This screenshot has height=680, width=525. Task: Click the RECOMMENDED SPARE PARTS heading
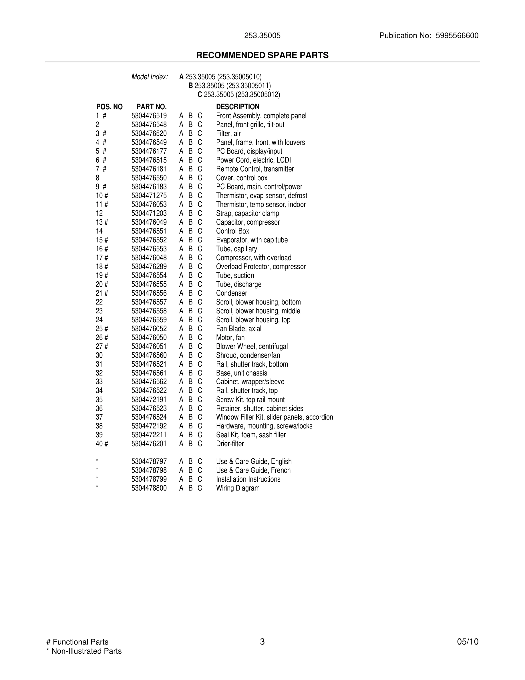[262, 56]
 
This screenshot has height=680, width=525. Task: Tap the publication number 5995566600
[457, 36]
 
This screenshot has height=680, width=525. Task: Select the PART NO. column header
[152, 107]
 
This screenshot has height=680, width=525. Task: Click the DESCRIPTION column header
[238, 107]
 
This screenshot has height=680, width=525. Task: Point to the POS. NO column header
[109, 107]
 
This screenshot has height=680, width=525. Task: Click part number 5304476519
[149, 116]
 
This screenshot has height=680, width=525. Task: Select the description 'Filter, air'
[228, 134]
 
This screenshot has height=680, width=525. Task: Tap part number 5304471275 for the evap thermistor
[149, 195]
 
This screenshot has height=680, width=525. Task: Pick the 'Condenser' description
[231, 293]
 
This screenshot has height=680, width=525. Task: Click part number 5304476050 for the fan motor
[149, 337]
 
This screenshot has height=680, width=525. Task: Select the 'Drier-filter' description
[230, 444]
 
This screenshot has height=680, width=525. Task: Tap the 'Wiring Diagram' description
[238, 488]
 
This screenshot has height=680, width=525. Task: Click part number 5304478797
[149, 461]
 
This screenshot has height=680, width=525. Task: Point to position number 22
[99, 302]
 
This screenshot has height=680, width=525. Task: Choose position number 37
[99, 417]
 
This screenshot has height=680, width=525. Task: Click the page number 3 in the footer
[262, 642]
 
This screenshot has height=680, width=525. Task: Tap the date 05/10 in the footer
[468, 642]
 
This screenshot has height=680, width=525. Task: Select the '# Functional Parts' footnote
[77, 642]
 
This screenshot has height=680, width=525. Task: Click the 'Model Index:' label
[150, 77]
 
